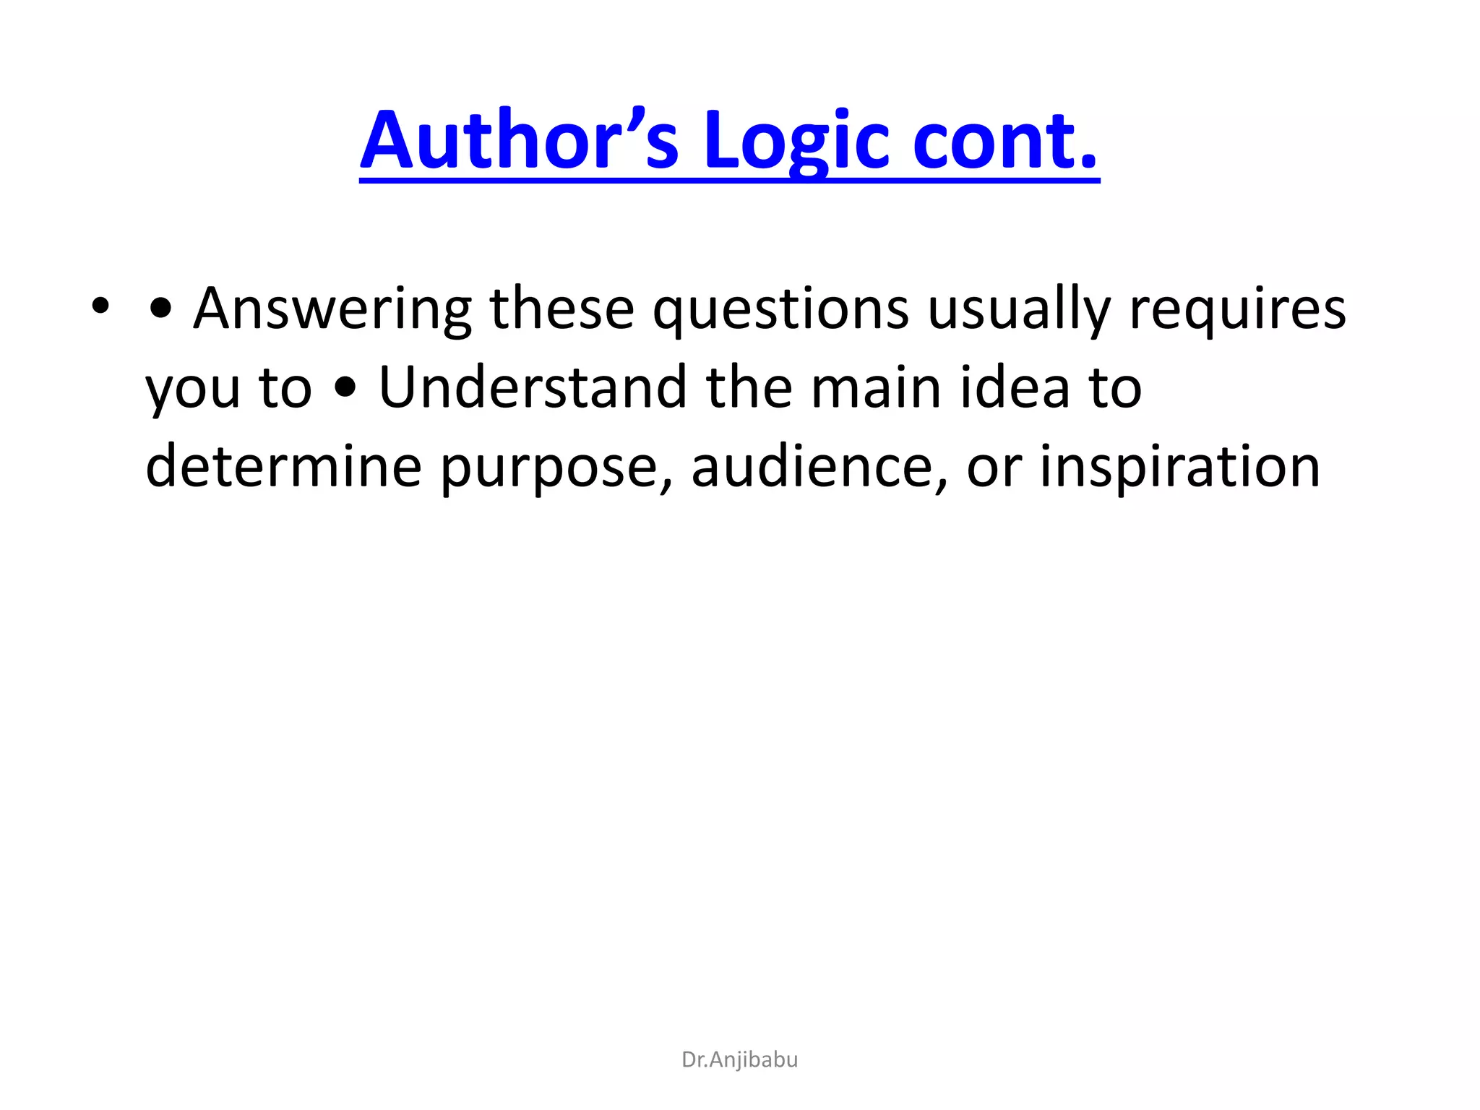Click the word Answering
(332, 309)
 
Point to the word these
(562, 309)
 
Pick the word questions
(780, 309)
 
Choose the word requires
(1237, 309)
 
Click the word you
(192, 389)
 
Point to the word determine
(283, 467)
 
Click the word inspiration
(1180, 467)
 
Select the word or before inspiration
(994, 468)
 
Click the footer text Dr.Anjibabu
(739, 1059)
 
